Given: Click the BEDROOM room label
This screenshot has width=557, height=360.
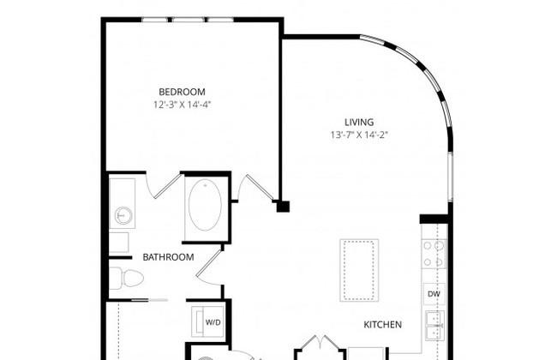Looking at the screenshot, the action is pos(182,92).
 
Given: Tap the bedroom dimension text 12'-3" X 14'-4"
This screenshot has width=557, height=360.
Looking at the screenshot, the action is pos(183,105).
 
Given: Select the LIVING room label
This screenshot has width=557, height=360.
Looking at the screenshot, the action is pos(359,122).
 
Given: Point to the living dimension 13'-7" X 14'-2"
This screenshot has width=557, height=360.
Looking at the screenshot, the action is pos(359,135).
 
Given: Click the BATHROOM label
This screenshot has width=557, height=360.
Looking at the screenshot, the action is pos(168,257).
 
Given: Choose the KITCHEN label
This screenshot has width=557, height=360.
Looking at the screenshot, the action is pos(383,325).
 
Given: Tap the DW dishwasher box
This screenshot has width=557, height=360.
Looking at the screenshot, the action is pos(434,294).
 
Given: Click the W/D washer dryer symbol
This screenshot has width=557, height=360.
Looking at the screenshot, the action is pos(208,322).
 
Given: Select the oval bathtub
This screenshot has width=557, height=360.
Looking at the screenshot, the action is pos(205,205).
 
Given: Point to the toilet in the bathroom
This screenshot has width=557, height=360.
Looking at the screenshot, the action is pos(126,278).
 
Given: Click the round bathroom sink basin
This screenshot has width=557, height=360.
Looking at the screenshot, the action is pos(123,216).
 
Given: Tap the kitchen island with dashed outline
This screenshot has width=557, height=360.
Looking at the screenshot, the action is pos(359,271).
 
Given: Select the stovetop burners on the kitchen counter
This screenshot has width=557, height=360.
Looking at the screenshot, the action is pos(434,254).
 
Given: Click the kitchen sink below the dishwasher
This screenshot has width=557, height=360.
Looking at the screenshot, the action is pos(434,325).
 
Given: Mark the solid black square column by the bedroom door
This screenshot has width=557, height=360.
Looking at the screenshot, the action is pos(283,207).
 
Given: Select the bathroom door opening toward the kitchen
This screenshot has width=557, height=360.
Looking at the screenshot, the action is pos(209,267).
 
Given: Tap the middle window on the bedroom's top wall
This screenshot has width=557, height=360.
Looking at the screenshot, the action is pos(188,20).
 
